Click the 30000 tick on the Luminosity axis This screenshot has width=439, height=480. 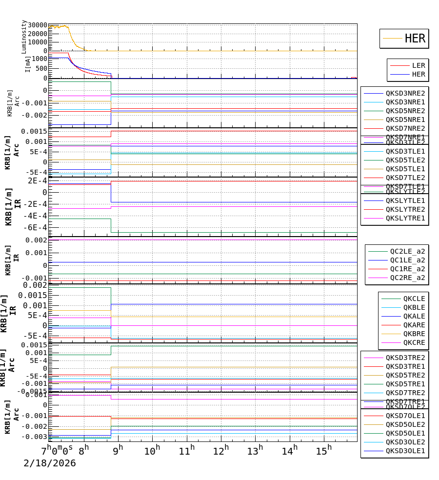[38, 25]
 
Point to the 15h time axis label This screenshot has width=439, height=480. [322, 450]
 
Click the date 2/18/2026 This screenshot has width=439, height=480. [50, 463]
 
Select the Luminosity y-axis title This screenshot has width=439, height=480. [24, 37]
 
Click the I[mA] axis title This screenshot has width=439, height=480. [28, 64]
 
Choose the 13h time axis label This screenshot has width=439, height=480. [255, 450]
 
